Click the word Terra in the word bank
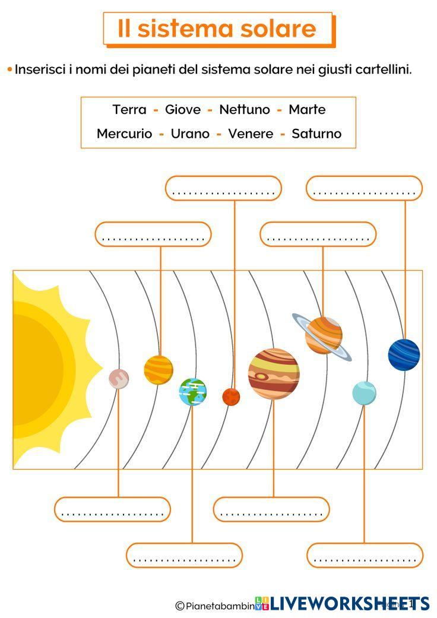129,110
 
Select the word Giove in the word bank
182,110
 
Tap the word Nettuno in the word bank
244,110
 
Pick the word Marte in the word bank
307,110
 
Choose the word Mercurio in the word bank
124,134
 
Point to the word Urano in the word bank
190,134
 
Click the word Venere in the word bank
251,134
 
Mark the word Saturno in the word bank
316,134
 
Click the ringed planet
324,335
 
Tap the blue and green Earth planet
193,392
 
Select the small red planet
231,397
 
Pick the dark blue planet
404,354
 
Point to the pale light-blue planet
364,393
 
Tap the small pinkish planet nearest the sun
119,378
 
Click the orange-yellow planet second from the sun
159,370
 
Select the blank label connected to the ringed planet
318,234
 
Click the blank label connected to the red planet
223,188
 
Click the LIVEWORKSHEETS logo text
350,604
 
